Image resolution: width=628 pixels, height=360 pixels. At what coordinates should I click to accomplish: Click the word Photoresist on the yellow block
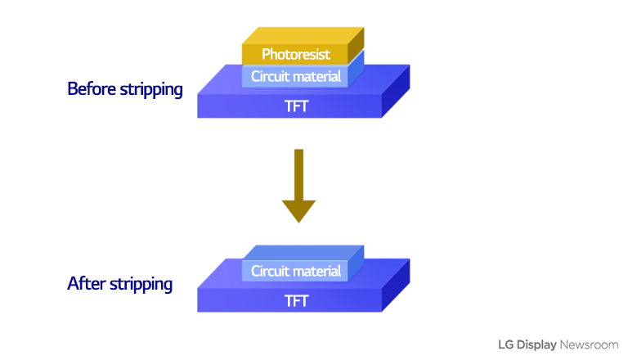coord(296,55)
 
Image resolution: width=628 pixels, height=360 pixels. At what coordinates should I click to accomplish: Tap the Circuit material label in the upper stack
coord(296,76)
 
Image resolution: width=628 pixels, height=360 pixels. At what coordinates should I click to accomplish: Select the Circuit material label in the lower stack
coord(296,272)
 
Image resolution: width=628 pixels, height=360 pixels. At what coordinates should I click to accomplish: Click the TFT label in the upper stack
coord(296,106)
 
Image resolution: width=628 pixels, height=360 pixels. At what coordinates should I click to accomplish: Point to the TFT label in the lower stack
coord(296,300)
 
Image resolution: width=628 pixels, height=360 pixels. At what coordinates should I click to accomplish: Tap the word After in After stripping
coord(83,285)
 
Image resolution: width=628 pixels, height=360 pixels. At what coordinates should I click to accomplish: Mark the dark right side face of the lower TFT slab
coord(396,291)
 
